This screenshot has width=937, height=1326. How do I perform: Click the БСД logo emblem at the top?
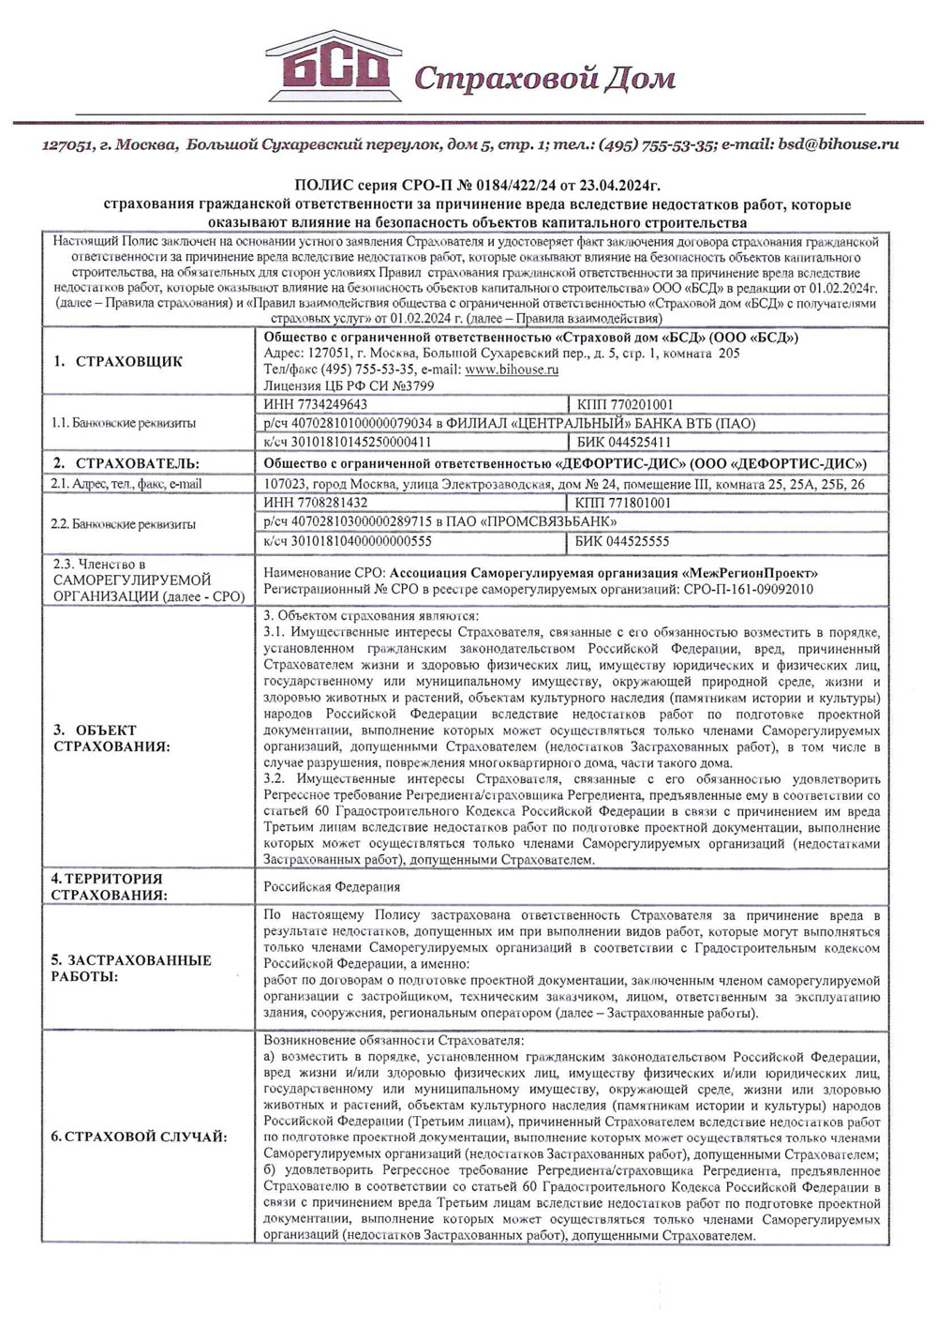point(333,68)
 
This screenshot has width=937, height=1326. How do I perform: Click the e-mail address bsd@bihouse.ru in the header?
point(839,144)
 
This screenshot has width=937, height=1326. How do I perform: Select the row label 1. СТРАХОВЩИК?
point(117,362)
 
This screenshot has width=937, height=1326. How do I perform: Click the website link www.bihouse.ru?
point(512,369)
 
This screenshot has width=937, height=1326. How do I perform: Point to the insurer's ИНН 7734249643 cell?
point(316,405)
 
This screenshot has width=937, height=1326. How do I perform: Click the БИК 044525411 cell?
point(623,442)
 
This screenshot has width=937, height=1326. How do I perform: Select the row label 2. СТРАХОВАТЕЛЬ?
point(126,463)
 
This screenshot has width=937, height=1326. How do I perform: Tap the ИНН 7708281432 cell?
point(316,504)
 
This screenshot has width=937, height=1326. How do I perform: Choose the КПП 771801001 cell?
point(623,504)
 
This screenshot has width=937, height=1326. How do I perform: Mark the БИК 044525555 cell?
point(622,541)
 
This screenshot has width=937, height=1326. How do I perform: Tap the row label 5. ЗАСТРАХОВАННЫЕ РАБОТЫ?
point(130,968)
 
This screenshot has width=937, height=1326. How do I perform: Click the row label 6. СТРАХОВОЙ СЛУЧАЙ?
point(138,1137)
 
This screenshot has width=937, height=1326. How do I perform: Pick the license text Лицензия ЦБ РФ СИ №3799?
point(349,385)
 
